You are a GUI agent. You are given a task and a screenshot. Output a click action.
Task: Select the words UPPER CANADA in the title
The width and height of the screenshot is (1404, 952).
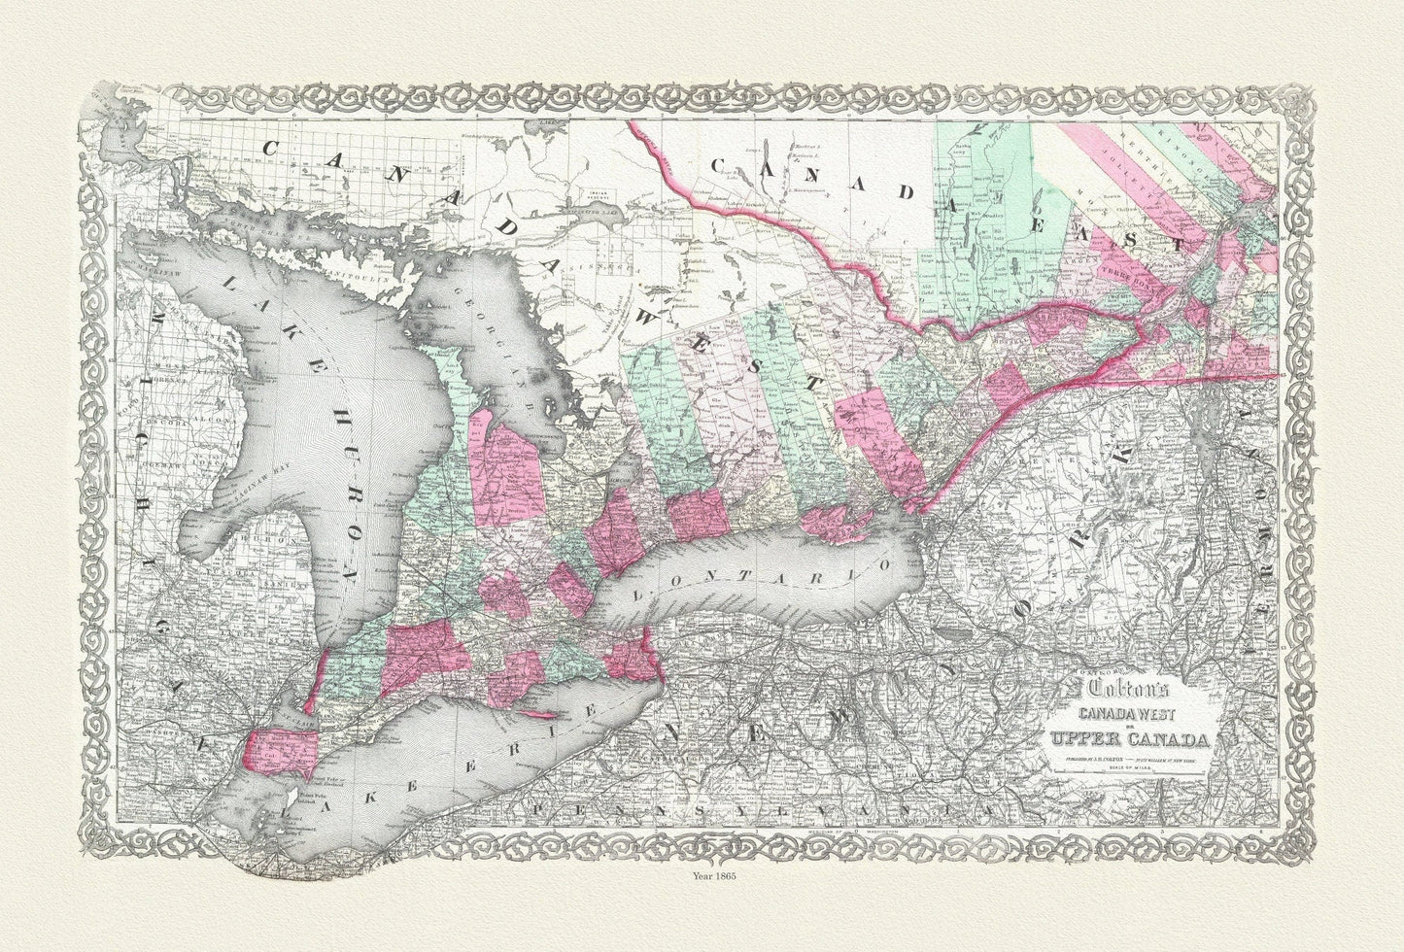pos(1133,747)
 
